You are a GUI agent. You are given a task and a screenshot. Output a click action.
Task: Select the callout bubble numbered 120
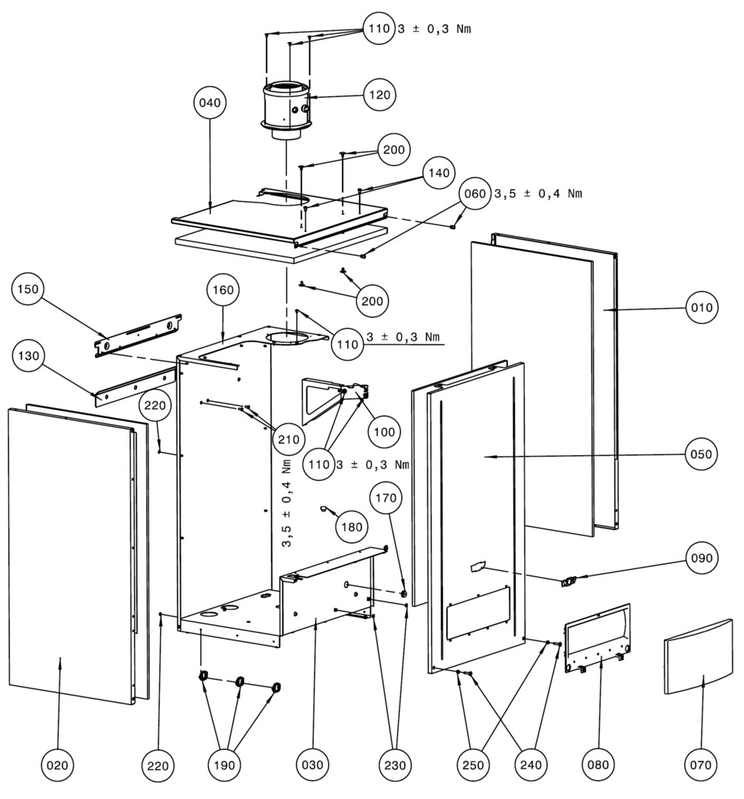pos(380,95)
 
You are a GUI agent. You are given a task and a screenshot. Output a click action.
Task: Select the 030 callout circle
pos(311,763)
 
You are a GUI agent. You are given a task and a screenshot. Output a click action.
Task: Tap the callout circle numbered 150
pos(30,289)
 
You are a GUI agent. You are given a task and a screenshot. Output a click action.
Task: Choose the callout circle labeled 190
pos(230,763)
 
